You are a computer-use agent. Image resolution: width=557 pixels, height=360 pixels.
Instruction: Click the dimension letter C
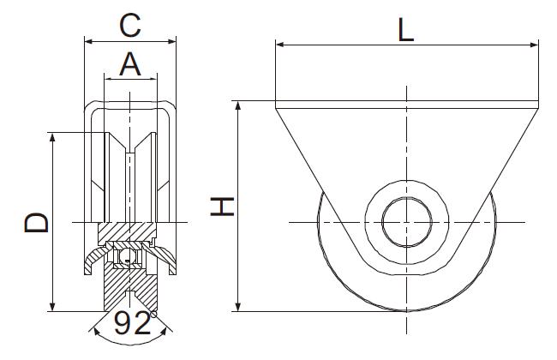pyautogui.click(x=130, y=26)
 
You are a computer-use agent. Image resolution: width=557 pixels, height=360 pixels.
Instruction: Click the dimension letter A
pyautogui.click(x=130, y=64)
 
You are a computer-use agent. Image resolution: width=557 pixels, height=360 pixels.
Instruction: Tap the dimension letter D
pyautogui.click(x=36, y=223)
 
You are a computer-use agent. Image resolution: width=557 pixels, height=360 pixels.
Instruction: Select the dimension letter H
pyautogui.click(x=222, y=207)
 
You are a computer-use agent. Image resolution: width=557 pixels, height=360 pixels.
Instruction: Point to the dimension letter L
pyautogui.click(x=405, y=30)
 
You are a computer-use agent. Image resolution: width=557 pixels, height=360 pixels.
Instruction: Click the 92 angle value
pyautogui.click(x=132, y=323)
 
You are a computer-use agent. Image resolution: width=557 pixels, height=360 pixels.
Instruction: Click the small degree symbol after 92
pyautogui.click(x=153, y=315)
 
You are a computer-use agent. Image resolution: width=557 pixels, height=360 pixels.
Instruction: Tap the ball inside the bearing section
pyautogui.click(x=127, y=256)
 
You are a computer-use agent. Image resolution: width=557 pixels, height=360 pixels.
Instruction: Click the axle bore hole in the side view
pyautogui.click(x=407, y=222)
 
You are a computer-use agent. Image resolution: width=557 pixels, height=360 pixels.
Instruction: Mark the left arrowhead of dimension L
pyautogui.click(x=280, y=45)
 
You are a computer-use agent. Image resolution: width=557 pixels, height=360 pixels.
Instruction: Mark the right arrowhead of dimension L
pyautogui.click(x=534, y=45)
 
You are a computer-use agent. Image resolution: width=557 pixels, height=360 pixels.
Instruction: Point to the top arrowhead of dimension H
pyautogui.click(x=238, y=105)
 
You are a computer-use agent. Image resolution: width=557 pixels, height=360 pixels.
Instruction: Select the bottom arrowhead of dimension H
pyautogui.click(x=238, y=307)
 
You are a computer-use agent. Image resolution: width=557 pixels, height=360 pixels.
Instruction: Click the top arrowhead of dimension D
pyautogui.click(x=52, y=137)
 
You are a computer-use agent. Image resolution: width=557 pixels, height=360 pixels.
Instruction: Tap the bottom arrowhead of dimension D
pyautogui.click(x=52, y=307)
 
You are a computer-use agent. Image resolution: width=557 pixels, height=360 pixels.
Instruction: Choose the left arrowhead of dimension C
pyautogui.click(x=89, y=42)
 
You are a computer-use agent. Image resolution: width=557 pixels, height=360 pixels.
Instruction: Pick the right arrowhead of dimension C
pyautogui.click(x=172, y=42)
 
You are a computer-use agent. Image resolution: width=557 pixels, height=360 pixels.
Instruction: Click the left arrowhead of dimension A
pyautogui.click(x=108, y=79)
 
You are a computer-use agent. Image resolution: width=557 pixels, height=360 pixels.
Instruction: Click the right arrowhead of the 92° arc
pyautogui.click(x=164, y=332)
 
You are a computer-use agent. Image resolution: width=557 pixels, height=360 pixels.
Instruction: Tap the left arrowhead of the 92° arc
pyautogui.click(x=96, y=332)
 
